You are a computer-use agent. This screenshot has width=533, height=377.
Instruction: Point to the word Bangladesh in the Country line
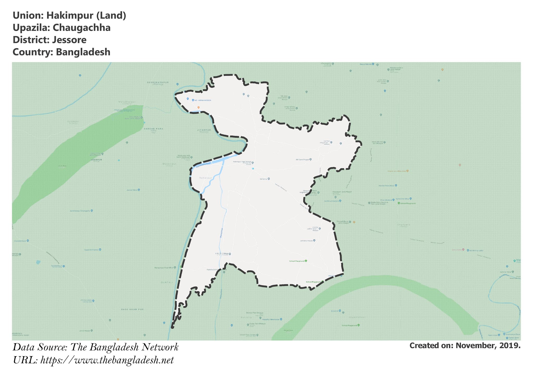point(83,52)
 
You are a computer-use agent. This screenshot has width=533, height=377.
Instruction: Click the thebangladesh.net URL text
point(107,360)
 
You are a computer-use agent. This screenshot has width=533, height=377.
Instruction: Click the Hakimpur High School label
point(242,162)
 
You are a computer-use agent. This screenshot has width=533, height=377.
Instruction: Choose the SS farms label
point(263,179)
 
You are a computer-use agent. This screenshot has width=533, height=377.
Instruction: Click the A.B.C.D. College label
point(221,254)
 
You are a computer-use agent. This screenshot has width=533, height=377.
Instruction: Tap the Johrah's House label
point(306,241)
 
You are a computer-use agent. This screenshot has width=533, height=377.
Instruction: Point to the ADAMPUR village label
point(96,160)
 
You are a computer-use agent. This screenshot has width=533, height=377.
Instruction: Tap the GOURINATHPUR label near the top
point(158,82)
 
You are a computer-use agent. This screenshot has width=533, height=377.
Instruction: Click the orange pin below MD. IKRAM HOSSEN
point(198,107)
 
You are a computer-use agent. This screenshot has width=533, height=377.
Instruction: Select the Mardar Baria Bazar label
point(386,186)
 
